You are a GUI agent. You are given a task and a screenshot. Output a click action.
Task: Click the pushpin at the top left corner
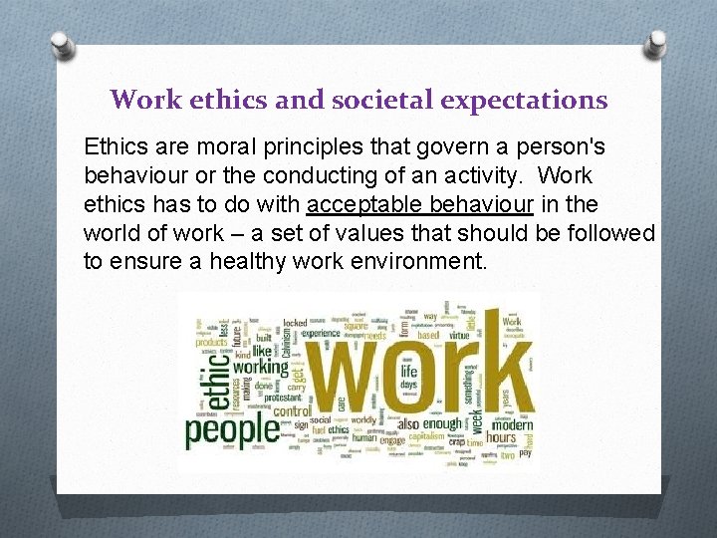(x=62, y=44)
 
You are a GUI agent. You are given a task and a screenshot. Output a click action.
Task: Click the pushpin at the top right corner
(x=656, y=44)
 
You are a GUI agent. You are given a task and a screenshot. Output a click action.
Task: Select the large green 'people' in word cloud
(x=232, y=430)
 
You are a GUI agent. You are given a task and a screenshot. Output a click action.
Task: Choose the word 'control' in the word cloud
(x=292, y=409)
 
